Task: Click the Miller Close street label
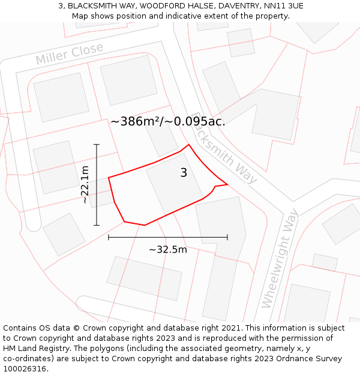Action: pyautogui.click(x=70, y=54)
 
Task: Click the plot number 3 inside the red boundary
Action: pyautogui.click(x=184, y=173)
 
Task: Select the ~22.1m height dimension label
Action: pyautogui.click(x=85, y=185)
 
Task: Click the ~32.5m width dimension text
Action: pyautogui.click(x=168, y=250)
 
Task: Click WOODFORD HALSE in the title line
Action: pyautogui.click(x=167, y=6)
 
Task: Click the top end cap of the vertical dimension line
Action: pyautogui.click(x=96, y=145)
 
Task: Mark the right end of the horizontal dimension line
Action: pyautogui.click(x=227, y=238)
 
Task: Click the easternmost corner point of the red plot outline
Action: pyautogui.click(x=228, y=184)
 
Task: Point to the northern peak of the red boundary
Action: pyautogui.click(x=189, y=145)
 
